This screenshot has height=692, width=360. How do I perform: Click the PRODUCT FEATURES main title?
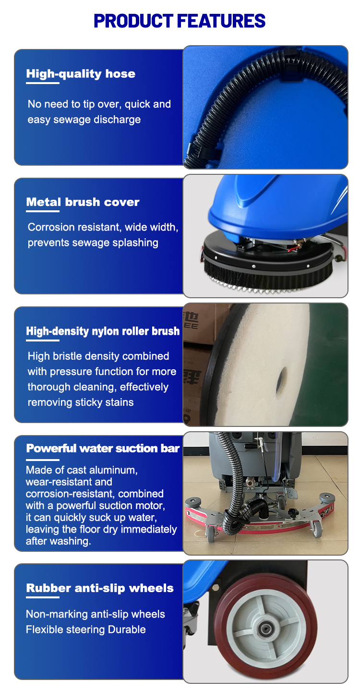[180, 21]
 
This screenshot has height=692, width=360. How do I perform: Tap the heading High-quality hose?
[81, 74]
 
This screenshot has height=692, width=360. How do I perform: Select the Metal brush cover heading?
[83, 202]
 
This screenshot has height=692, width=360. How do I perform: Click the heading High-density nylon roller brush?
[103, 331]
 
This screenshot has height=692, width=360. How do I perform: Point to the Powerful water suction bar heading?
[103, 448]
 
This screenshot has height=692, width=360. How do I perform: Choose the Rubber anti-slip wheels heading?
[100, 588]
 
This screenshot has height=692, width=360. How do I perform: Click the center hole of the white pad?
[282, 379]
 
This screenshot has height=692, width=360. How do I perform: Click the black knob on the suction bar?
[292, 512]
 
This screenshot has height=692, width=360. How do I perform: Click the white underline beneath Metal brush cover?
[43, 211]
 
